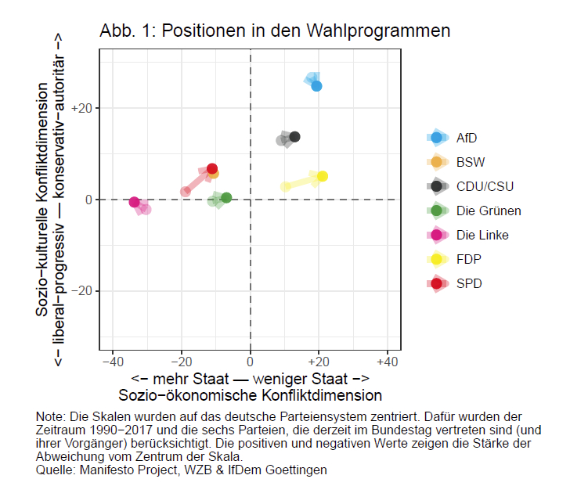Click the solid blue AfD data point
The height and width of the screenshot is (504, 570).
(x=316, y=86)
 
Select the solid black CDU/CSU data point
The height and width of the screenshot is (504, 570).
(x=294, y=137)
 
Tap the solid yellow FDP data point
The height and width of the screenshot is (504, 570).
(x=322, y=176)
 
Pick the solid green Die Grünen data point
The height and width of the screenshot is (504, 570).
(x=226, y=198)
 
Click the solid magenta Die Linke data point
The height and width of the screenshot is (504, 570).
(x=135, y=202)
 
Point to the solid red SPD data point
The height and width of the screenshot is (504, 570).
(x=212, y=168)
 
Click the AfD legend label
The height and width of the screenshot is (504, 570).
(x=467, y=138)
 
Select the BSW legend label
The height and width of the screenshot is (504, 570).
(x=470, y=162)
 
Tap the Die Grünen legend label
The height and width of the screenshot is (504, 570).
(x=489, y=211)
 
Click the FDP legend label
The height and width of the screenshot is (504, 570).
(x=469, y=259)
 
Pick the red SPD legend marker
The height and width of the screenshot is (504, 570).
(x=436, y=283)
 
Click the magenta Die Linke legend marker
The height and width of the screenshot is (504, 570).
(x=436, y=235)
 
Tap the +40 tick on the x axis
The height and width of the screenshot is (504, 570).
(x=388, y=362)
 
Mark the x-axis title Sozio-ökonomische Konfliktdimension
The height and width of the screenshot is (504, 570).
(x=250, y=394)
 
